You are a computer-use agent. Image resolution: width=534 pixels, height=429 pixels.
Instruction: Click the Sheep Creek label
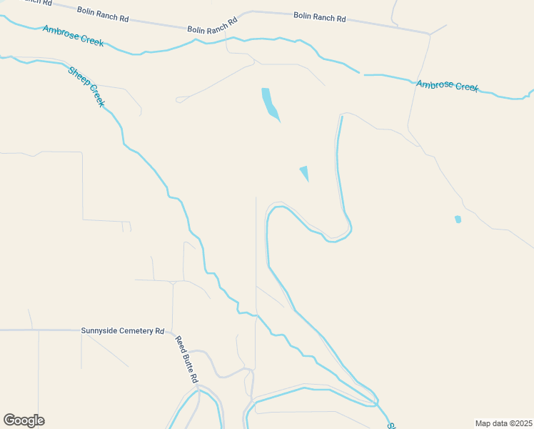point(87,87)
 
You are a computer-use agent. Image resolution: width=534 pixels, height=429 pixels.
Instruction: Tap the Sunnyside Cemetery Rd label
point(123,331)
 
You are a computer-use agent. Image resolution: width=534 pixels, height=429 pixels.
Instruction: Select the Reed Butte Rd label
point(187,359)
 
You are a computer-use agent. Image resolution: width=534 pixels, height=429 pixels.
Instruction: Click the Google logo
point(24,420)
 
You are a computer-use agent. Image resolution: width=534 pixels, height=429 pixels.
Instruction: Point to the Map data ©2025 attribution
point(503,423)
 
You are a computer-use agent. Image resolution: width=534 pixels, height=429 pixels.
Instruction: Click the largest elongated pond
point(269,104)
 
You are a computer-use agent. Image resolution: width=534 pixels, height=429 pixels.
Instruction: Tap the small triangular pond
point(305,172)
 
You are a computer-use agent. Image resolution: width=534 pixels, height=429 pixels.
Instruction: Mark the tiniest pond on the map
point(458,219)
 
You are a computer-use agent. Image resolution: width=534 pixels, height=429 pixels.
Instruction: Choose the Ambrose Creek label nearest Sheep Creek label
point(73,36)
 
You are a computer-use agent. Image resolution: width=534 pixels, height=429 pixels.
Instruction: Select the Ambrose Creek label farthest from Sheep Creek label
point(447,86)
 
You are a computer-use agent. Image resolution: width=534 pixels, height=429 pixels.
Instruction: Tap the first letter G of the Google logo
point(9,420)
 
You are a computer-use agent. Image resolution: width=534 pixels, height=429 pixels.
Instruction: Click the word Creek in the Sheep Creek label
point(96,98)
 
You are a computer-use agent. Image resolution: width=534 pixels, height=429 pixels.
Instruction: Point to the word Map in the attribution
point(484,423)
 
